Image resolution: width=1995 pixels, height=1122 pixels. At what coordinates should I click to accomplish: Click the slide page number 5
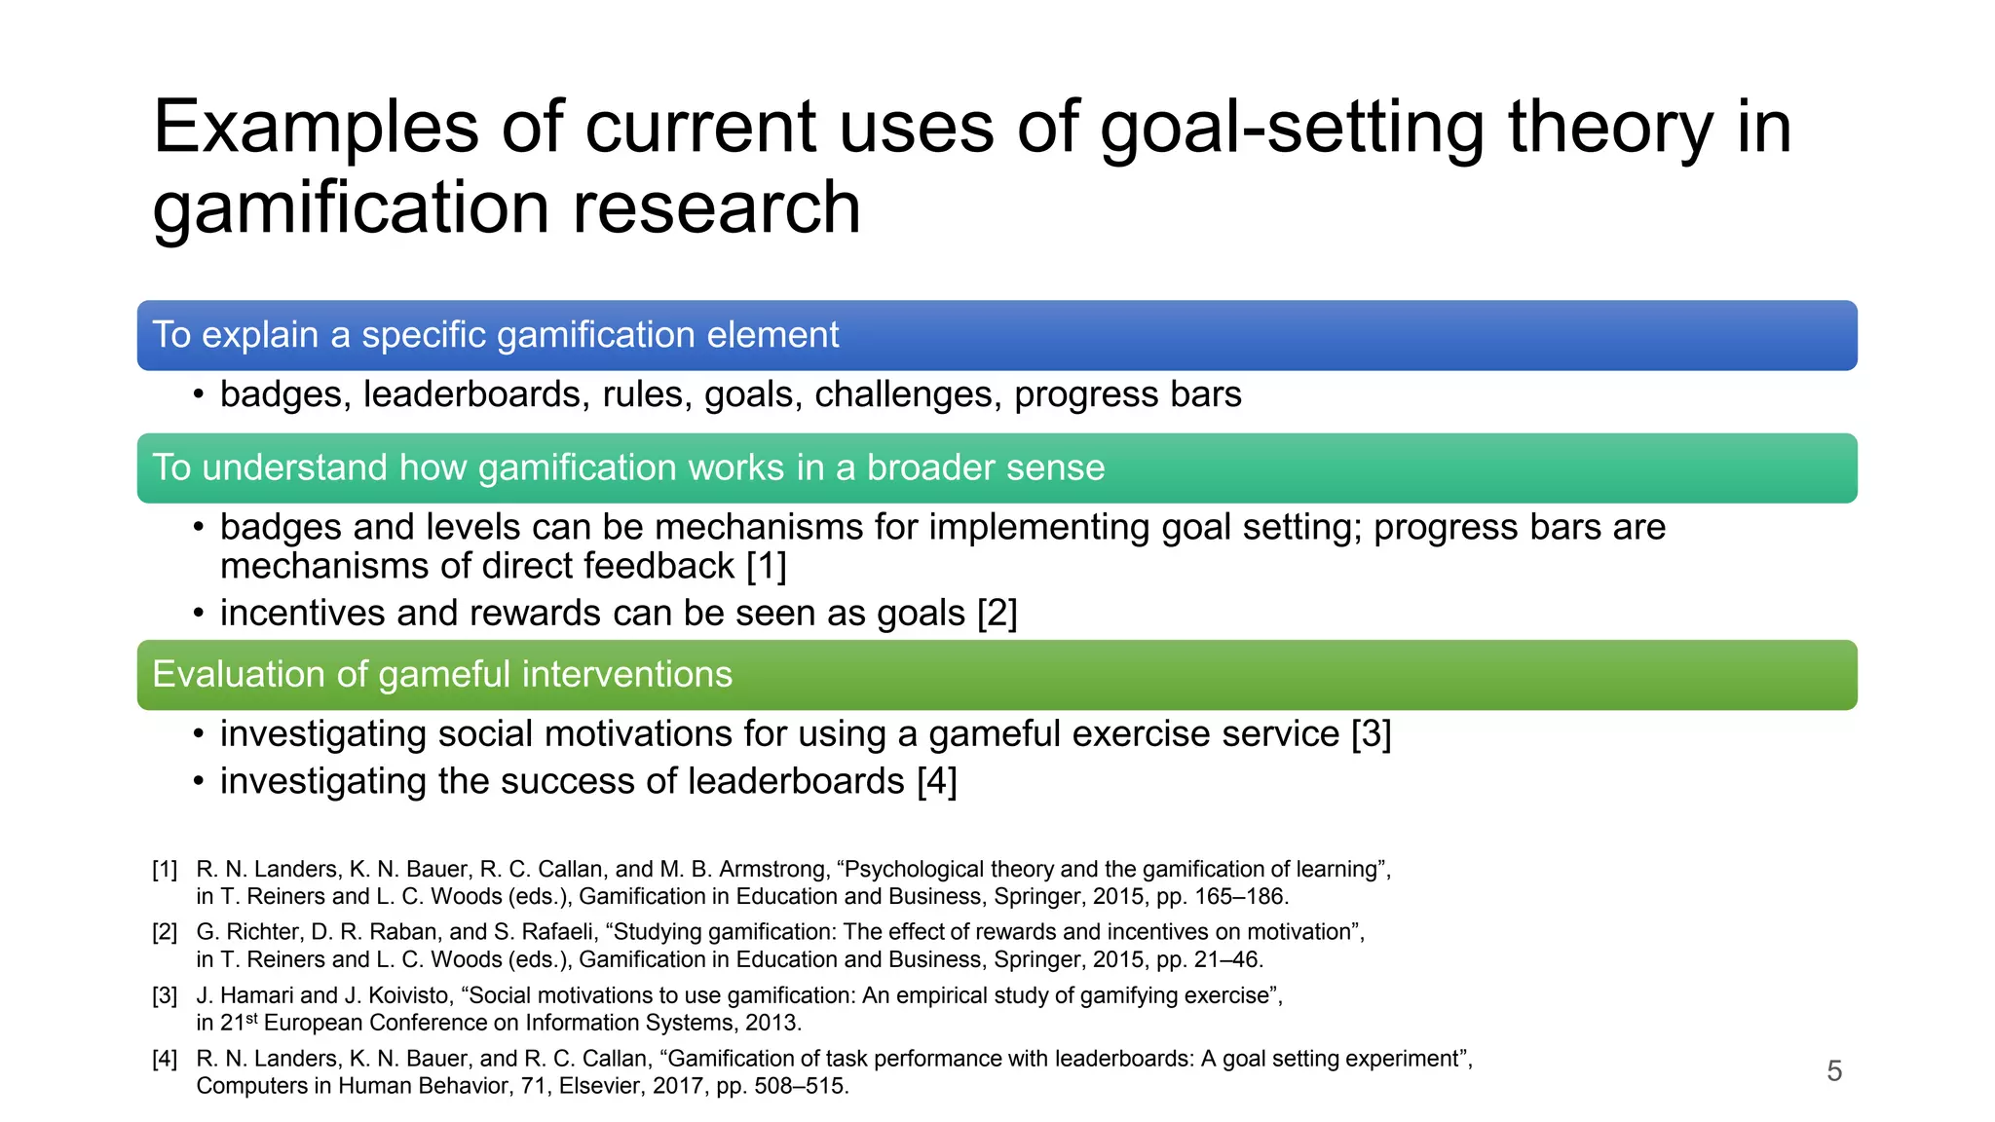1834,1071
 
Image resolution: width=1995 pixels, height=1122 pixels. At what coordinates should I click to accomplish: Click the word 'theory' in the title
1609,127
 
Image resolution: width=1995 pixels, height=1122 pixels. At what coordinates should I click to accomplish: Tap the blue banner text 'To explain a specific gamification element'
495,335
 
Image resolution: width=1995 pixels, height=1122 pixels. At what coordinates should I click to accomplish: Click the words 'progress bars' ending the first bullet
1127,394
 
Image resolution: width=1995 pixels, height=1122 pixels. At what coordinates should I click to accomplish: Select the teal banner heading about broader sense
628,467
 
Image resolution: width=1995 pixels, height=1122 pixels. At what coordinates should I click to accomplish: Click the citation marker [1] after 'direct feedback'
766,566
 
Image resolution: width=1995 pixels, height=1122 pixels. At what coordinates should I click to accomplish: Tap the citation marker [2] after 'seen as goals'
997,614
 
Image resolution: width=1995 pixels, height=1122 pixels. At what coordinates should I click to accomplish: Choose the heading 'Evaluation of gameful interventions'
442,674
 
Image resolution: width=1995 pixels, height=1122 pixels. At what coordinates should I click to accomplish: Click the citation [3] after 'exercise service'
1371,734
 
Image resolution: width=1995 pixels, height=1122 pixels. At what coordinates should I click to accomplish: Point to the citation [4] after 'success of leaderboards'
936,781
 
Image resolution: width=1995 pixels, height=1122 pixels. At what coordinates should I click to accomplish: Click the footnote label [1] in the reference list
165,870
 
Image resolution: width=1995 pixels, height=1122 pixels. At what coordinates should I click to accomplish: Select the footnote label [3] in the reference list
165,995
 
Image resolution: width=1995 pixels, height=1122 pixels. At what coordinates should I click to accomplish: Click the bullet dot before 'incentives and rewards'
199,614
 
